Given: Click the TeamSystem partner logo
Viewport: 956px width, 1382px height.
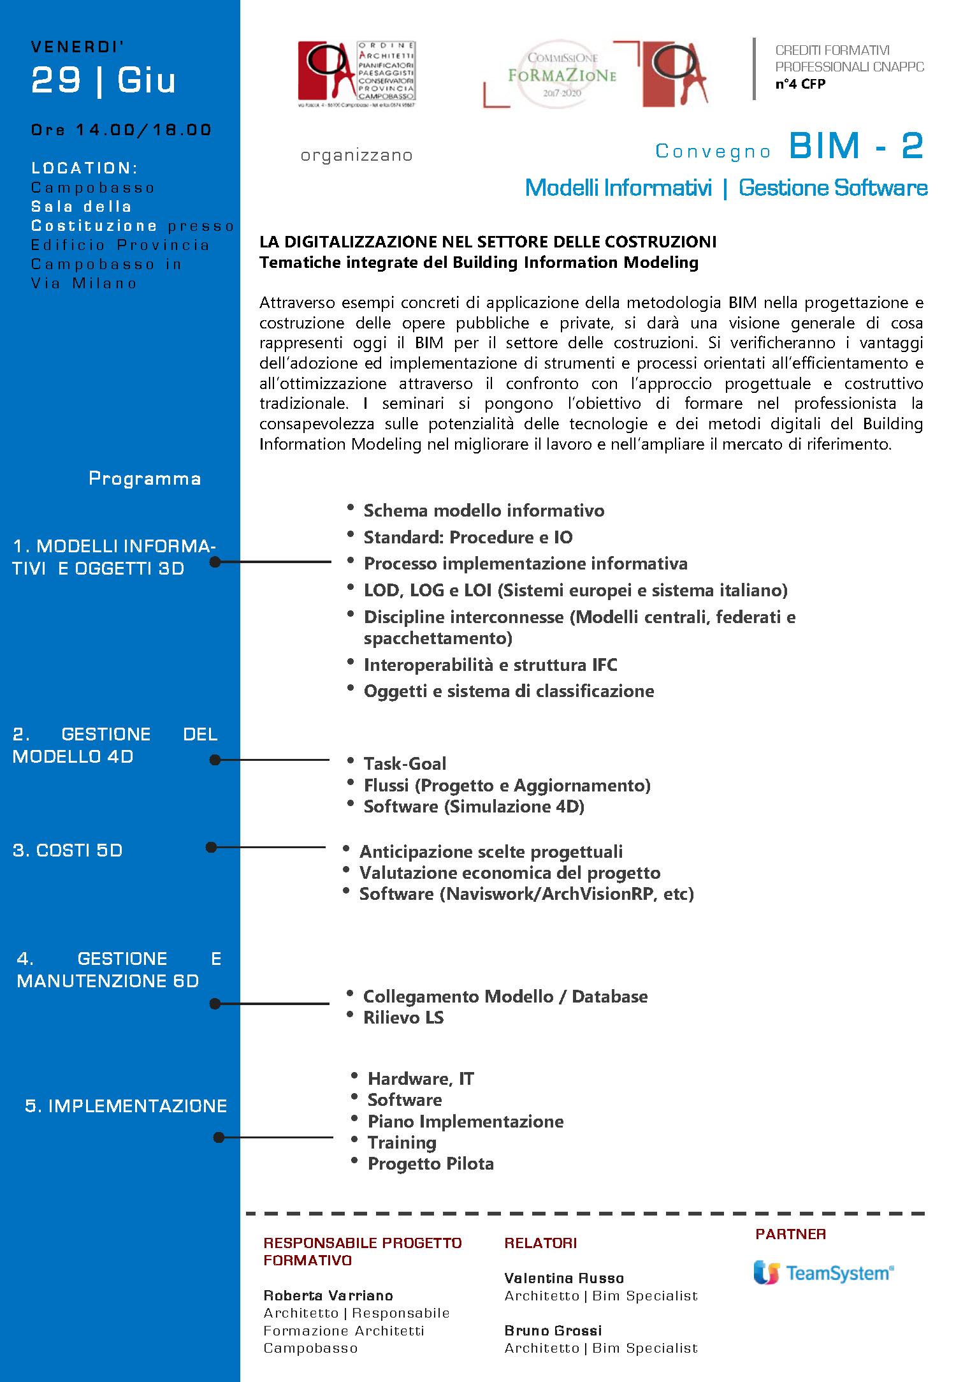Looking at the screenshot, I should (x=823, y=1273).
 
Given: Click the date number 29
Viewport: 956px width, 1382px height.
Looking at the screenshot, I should (x=56, y=80).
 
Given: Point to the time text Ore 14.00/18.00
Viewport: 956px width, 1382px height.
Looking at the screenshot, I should (x=121, y=130).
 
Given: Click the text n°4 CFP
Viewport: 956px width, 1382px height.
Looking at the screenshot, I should (x=800, y=84).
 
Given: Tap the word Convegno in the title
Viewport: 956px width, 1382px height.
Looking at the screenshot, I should (x=713, y=151).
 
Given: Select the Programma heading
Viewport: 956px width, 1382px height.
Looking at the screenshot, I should (x=145, y=478).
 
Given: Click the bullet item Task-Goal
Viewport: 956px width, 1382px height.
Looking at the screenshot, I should (x=405, y=763).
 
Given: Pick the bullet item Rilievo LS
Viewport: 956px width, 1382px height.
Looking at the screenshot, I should (x=403, y=1017).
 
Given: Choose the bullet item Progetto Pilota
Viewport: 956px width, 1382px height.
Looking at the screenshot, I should (x=431, y=1163).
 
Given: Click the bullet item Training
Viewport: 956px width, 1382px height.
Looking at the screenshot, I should (x=402, y=1142).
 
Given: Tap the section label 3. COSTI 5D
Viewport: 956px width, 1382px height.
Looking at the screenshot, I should (x=68, y=850).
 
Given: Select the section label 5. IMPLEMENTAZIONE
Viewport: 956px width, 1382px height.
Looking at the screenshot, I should (x=126, y=1106).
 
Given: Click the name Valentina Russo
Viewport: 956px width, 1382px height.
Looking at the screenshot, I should (x=564, y=1278).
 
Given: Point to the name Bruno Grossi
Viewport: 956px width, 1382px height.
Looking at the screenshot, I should (x=553, y=1330).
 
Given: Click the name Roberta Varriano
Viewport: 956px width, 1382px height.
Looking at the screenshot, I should (x=328, y=1295).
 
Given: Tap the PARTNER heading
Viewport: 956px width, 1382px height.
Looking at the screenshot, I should (x=790, y=1234).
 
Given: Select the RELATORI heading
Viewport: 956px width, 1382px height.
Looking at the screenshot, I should (x=540, y=1243).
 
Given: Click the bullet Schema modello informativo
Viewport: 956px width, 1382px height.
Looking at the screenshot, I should (x=484, y=510).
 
